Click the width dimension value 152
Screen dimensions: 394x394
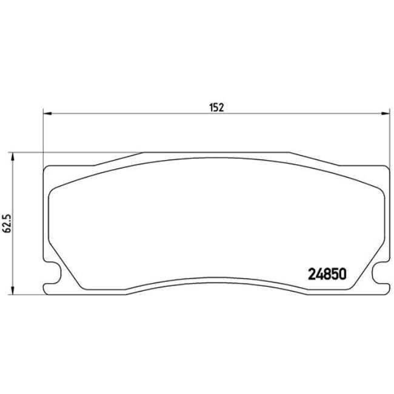tap(218, 107)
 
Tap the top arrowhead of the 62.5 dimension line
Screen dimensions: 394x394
tap(13, 155)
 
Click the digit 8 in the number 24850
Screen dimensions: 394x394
tap(328, 273)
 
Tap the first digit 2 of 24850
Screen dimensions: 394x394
tap(315, 273)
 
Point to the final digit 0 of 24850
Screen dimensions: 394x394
tap(342, 273)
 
